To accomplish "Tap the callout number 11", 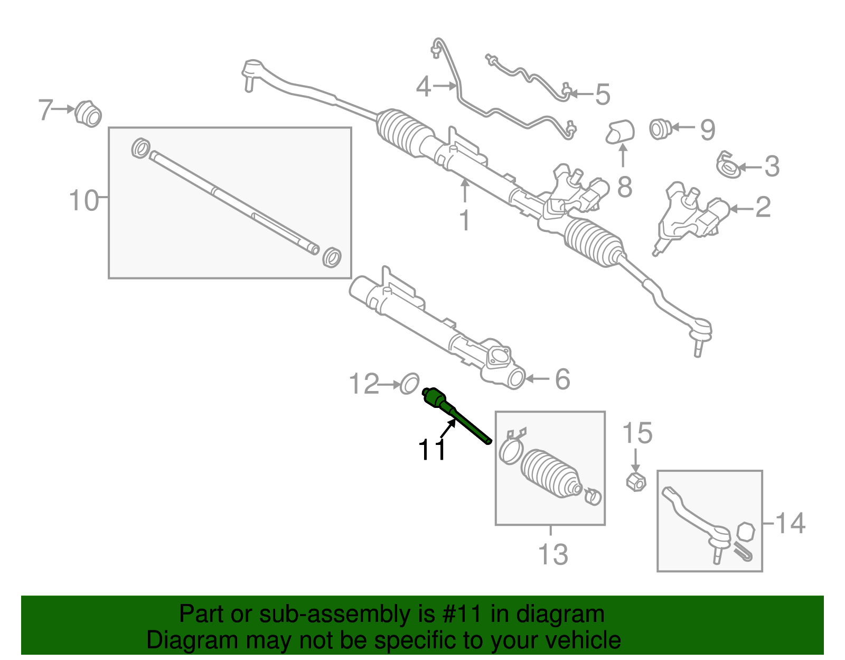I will (x=432, y=450).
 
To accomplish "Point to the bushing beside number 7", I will (x=88, y=114).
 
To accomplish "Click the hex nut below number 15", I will (x=636, y=482).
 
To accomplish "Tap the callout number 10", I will (x=84, y=201).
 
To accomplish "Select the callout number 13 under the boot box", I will (x=553, y=554).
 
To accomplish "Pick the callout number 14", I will (x=790, y=523).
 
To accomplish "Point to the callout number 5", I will (x=602, y=95).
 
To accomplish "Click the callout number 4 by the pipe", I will (x=424, y=87).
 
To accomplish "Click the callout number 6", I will (x=562, y=379).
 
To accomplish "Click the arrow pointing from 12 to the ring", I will (x=390, y=385).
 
